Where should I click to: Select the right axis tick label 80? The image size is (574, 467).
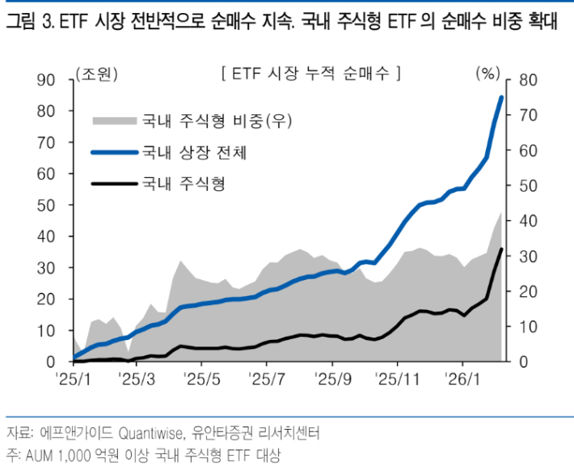click(528, 79)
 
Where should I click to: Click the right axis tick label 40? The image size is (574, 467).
click(528, 221)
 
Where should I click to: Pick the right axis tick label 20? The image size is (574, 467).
click(528, 291)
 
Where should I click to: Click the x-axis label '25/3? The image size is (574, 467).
click(135, 379)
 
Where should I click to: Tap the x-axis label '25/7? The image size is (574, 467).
click(267, 379)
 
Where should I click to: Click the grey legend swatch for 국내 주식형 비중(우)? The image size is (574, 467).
click(112, 121)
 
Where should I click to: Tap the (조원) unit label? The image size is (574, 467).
click(95, 74)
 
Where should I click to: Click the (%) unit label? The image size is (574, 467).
click(488, 74)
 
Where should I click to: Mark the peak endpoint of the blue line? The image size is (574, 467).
click(501, 98)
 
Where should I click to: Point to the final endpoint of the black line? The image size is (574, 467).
click(502, 249)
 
